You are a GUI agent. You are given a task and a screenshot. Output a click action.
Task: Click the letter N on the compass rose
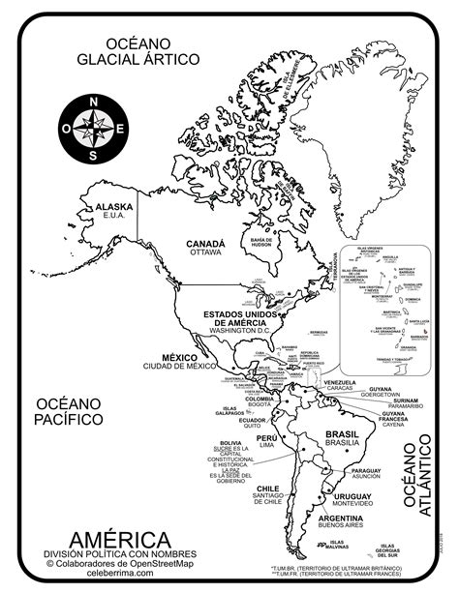point(93,102)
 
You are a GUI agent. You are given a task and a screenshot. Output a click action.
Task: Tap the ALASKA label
point(113,207)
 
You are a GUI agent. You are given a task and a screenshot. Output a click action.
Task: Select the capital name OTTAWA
point(206,253)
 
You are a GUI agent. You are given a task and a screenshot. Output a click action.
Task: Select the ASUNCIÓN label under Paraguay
point(366,478)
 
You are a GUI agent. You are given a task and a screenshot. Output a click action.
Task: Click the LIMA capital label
point(266,446)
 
